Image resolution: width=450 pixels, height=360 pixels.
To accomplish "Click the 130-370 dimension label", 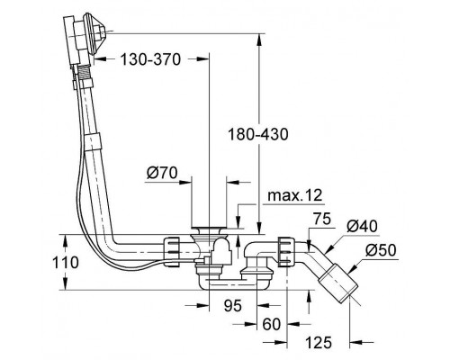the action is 150,59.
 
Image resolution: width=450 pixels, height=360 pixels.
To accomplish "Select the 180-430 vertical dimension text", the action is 258,134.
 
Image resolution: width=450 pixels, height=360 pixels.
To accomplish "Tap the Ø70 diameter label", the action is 162,173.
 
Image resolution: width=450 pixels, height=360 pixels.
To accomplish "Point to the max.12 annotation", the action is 295,195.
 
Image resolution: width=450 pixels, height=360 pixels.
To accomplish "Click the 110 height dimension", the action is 66,263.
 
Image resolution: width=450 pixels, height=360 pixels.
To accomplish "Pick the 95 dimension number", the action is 233,306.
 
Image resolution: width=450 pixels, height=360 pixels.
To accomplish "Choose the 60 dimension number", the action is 271,324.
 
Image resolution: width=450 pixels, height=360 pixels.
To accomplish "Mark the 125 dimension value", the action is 319,342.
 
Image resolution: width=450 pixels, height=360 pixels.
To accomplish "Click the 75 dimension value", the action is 322,219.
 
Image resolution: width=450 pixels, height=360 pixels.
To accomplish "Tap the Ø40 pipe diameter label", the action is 362,226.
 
